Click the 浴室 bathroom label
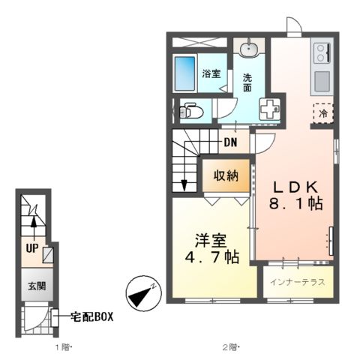tap(211, 73)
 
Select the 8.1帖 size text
tap(295, 204)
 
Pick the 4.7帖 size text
tap(211, 257)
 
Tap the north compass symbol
tap(142, 293)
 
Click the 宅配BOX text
tap(92, 316)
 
